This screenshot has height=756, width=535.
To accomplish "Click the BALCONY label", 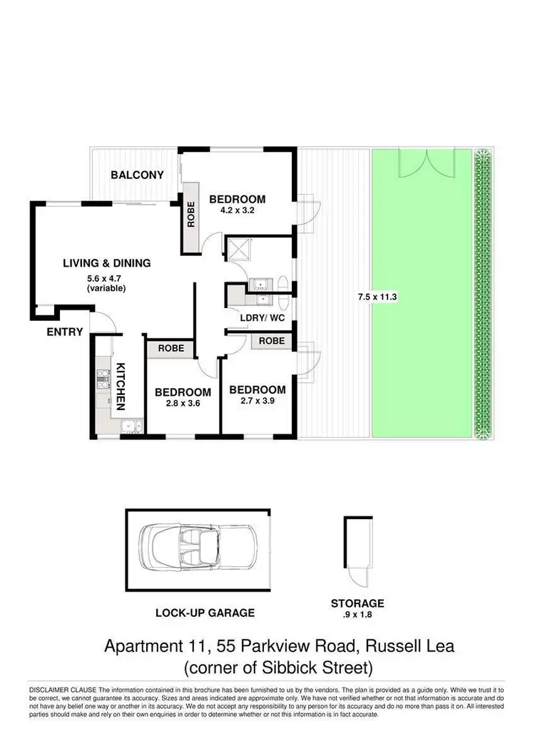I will [138, 175].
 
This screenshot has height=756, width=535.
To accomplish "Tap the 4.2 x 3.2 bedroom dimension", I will [237, 211].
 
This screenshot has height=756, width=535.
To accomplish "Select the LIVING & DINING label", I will [106, 263].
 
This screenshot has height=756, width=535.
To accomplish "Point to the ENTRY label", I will [65, 332].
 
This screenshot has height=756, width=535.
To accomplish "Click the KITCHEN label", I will [121, 387].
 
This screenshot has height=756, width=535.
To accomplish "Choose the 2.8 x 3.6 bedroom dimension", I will [183, 404].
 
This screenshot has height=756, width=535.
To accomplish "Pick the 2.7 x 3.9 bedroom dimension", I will [257, 402].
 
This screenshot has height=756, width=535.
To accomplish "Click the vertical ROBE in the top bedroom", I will [191, 217].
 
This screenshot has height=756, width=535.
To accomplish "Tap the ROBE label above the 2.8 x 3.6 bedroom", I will [170, 349].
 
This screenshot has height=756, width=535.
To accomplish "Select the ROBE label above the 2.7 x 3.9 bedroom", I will [271, 341].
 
